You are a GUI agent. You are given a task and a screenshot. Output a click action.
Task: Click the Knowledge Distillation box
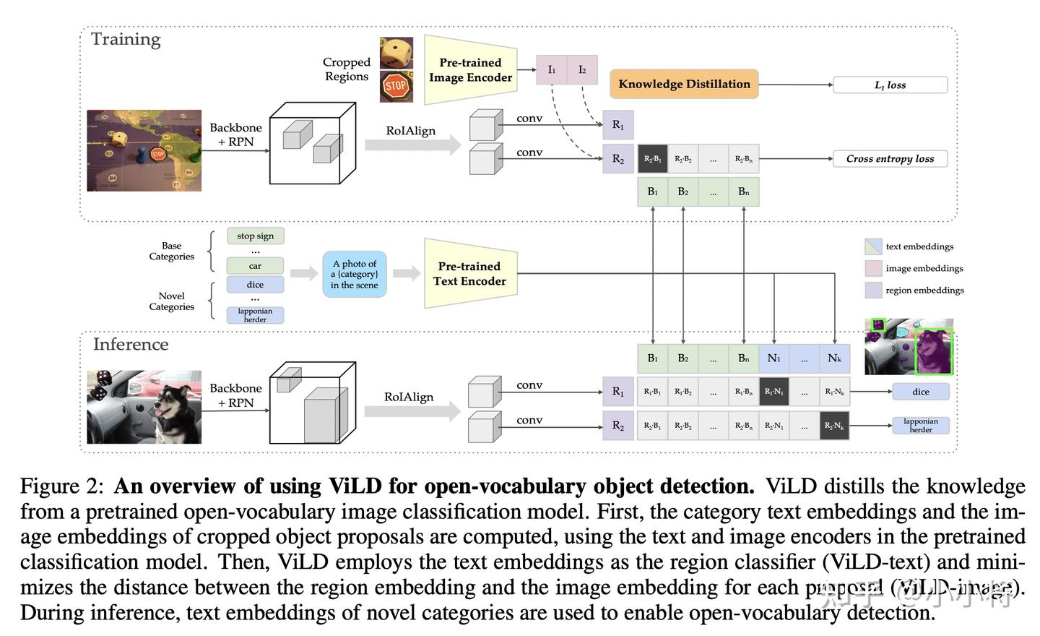[x=684, y=85]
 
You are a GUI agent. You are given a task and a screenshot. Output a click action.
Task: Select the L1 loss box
[x=890, y=85]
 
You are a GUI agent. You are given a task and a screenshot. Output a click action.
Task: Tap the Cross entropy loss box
[x=890, y=159]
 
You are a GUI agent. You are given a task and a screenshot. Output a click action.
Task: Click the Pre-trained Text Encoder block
[x=470, y=274]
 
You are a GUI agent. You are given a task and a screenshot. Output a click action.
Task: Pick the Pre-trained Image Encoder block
[x=470, y=70]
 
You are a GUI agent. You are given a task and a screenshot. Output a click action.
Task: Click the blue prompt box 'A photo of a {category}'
[x=355, y=275]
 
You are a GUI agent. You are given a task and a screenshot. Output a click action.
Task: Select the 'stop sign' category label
[x=255, y=236]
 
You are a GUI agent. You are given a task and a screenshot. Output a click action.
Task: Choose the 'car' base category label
[x=255, y=266]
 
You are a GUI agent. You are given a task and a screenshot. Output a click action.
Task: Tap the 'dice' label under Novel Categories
[x=255, y=285]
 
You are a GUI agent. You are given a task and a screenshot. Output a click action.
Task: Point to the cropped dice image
[x=396, y=53]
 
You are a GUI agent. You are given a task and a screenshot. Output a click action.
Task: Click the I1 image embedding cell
[x=552, y=70]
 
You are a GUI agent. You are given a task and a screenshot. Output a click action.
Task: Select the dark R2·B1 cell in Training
[x=652, y=159]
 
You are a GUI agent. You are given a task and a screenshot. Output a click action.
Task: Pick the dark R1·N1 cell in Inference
[x=773, y=392]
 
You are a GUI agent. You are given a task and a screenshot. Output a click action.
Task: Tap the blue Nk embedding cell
[x=834, y=358]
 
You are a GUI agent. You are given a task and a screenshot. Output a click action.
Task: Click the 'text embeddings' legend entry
[x=919, y=246]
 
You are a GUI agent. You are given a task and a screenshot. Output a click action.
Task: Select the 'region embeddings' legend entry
[x=924, y=291]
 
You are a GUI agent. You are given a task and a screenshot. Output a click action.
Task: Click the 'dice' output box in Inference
[x=920, y=392]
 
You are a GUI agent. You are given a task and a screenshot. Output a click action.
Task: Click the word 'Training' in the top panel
[x=126, y=40]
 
